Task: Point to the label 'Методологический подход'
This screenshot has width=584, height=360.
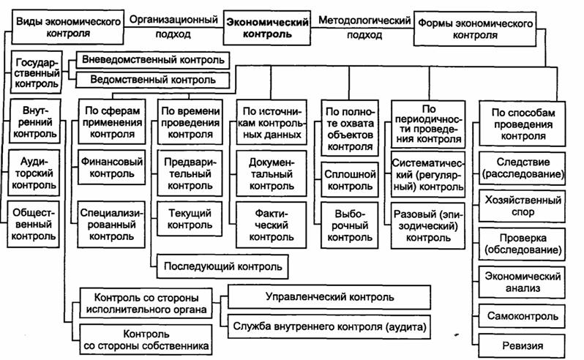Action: (364, 27)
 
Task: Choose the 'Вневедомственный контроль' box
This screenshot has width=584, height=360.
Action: (153, 59)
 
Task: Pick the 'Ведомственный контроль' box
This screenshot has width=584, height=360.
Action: (153, 79)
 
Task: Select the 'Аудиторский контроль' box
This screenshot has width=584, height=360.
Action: (34, 174)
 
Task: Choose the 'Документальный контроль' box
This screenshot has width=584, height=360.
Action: (271, 173)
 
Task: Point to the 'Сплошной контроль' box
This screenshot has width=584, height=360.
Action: (350, 181)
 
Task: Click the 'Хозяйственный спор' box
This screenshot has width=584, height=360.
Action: (523, 206)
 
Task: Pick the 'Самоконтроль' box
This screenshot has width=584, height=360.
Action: (523, 316)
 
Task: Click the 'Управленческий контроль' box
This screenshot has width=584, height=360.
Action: (329, 297)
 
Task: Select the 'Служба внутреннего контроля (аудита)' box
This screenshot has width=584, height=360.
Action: (329, 324)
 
